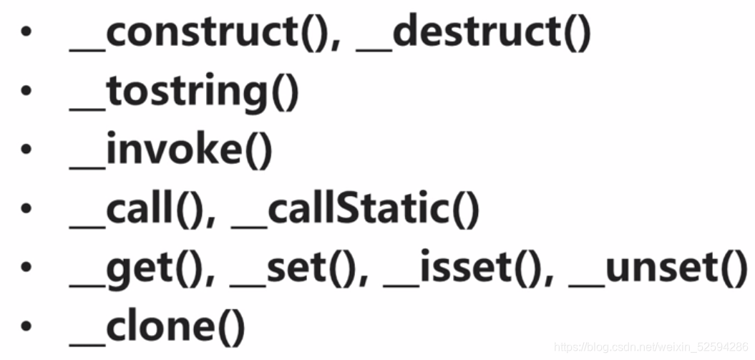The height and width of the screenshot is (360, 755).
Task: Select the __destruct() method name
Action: pyautogui.click(x=473, y=35)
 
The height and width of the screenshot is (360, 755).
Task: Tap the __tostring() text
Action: pyautogui.click(x=184, y=94)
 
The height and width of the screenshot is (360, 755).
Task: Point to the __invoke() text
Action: pyautogui.click(x=171, y=152)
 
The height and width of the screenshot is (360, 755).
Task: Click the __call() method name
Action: pyautogui.click(x=139, y=210)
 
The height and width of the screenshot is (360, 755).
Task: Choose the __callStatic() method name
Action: pyautogui.click(x=355, y=210)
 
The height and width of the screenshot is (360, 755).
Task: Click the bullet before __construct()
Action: pyautogui.click(x=26, y=35)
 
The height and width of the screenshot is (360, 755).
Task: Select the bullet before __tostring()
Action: pyautogui.click(x=26, y=93)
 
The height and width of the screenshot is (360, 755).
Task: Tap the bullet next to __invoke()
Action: pyautogui.click(x=26, y=152)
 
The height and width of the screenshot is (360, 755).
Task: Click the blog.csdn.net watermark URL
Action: pyautogui.click(x=651, y=347)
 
